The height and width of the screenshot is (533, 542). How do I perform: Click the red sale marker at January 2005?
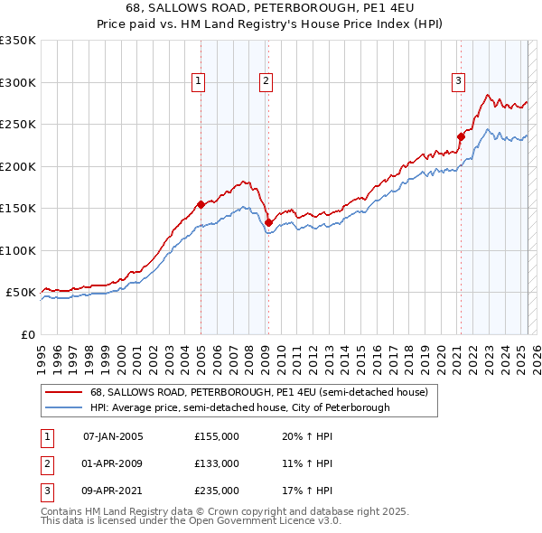click(x=201, y=204)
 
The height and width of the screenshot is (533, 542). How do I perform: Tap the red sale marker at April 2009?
click(x=268, y=222)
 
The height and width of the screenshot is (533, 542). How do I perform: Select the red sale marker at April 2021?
click(x=461, y=137)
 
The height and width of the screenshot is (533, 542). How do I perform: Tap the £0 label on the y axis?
click(x=28, y=334)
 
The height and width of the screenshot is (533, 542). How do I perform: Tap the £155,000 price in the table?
click(x=217, y=436)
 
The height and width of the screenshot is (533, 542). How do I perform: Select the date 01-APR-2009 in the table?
click(x=113, y=463)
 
